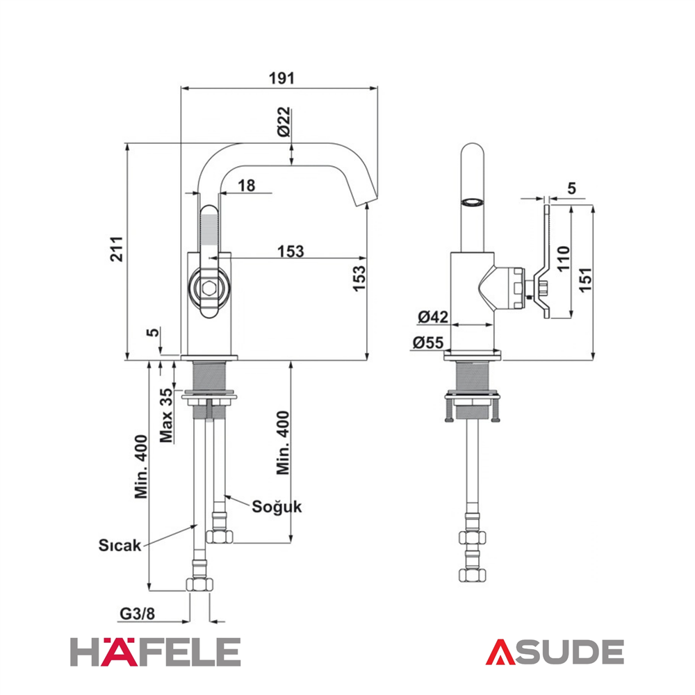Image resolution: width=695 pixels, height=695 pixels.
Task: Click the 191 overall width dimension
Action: [281, 78]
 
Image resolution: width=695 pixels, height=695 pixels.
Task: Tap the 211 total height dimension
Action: [117, 249]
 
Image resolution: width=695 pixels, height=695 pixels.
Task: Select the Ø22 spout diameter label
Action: [284, 122]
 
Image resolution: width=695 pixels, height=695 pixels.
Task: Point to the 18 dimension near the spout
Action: [247, 186]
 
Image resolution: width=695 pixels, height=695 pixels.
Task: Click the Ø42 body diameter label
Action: [433, 316]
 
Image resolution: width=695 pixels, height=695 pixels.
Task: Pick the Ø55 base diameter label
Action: [427, 342]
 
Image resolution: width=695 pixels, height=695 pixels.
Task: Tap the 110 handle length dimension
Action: [563, 259]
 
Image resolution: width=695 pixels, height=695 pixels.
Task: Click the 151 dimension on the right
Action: [585, 279]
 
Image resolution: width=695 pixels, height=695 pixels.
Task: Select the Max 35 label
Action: [166, 416]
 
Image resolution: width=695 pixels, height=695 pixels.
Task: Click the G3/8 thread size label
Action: [138, 614]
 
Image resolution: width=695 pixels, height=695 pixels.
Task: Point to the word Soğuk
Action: [277, 507]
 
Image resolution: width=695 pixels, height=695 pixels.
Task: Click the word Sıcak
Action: [120, 545]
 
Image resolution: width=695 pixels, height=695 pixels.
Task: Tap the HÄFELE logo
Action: [156, 651]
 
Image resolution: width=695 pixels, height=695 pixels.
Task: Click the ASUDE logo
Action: [555, 652]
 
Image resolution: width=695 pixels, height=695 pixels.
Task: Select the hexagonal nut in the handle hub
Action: [208, 289]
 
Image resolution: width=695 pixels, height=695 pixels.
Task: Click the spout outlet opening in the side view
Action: [471, 202]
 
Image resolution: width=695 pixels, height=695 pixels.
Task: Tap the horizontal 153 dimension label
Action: [291, 251]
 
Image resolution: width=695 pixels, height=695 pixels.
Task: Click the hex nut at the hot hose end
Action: [199, 584]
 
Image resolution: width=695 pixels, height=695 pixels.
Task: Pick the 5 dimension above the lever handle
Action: [571, 188]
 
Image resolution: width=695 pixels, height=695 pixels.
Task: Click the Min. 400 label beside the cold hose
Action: [283, 443]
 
